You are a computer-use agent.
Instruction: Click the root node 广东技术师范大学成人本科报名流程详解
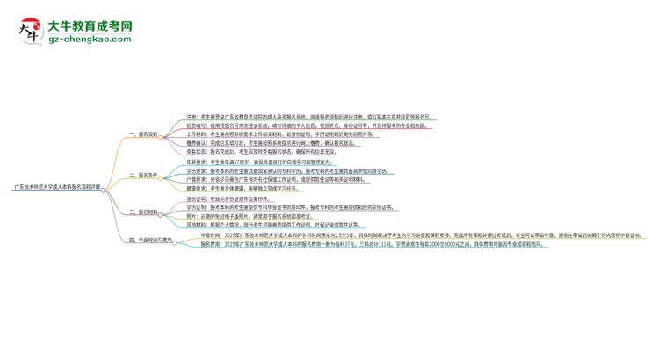pos(57,187)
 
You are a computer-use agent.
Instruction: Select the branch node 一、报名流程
pos(143,134)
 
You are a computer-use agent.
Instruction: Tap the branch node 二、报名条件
pos(143,175)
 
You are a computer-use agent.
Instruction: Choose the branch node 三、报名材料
pos(143,212)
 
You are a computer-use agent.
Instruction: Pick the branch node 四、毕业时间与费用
pos(150,239)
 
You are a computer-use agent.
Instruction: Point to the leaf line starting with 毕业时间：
pos(413,235)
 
